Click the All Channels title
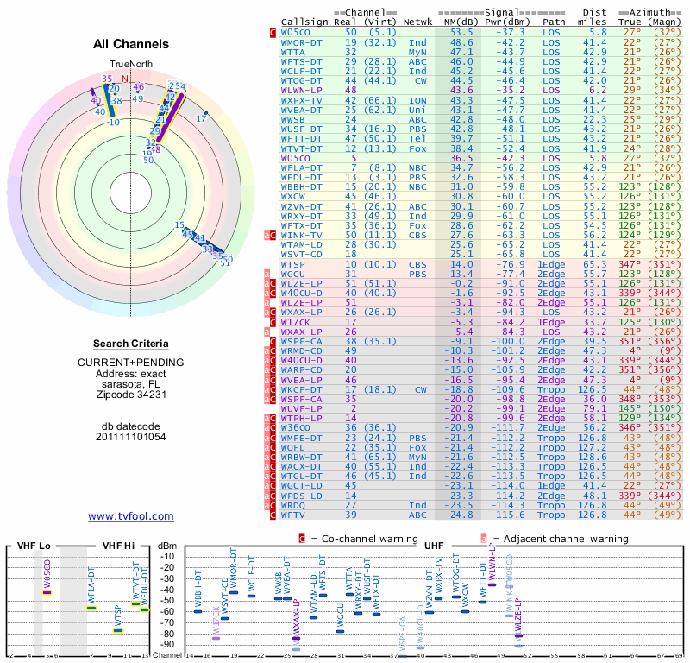130,44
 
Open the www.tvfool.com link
130,516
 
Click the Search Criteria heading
130,344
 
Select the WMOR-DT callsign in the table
302,41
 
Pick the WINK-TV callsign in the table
302,235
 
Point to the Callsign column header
304,22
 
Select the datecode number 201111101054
130,437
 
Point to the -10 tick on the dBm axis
168,555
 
